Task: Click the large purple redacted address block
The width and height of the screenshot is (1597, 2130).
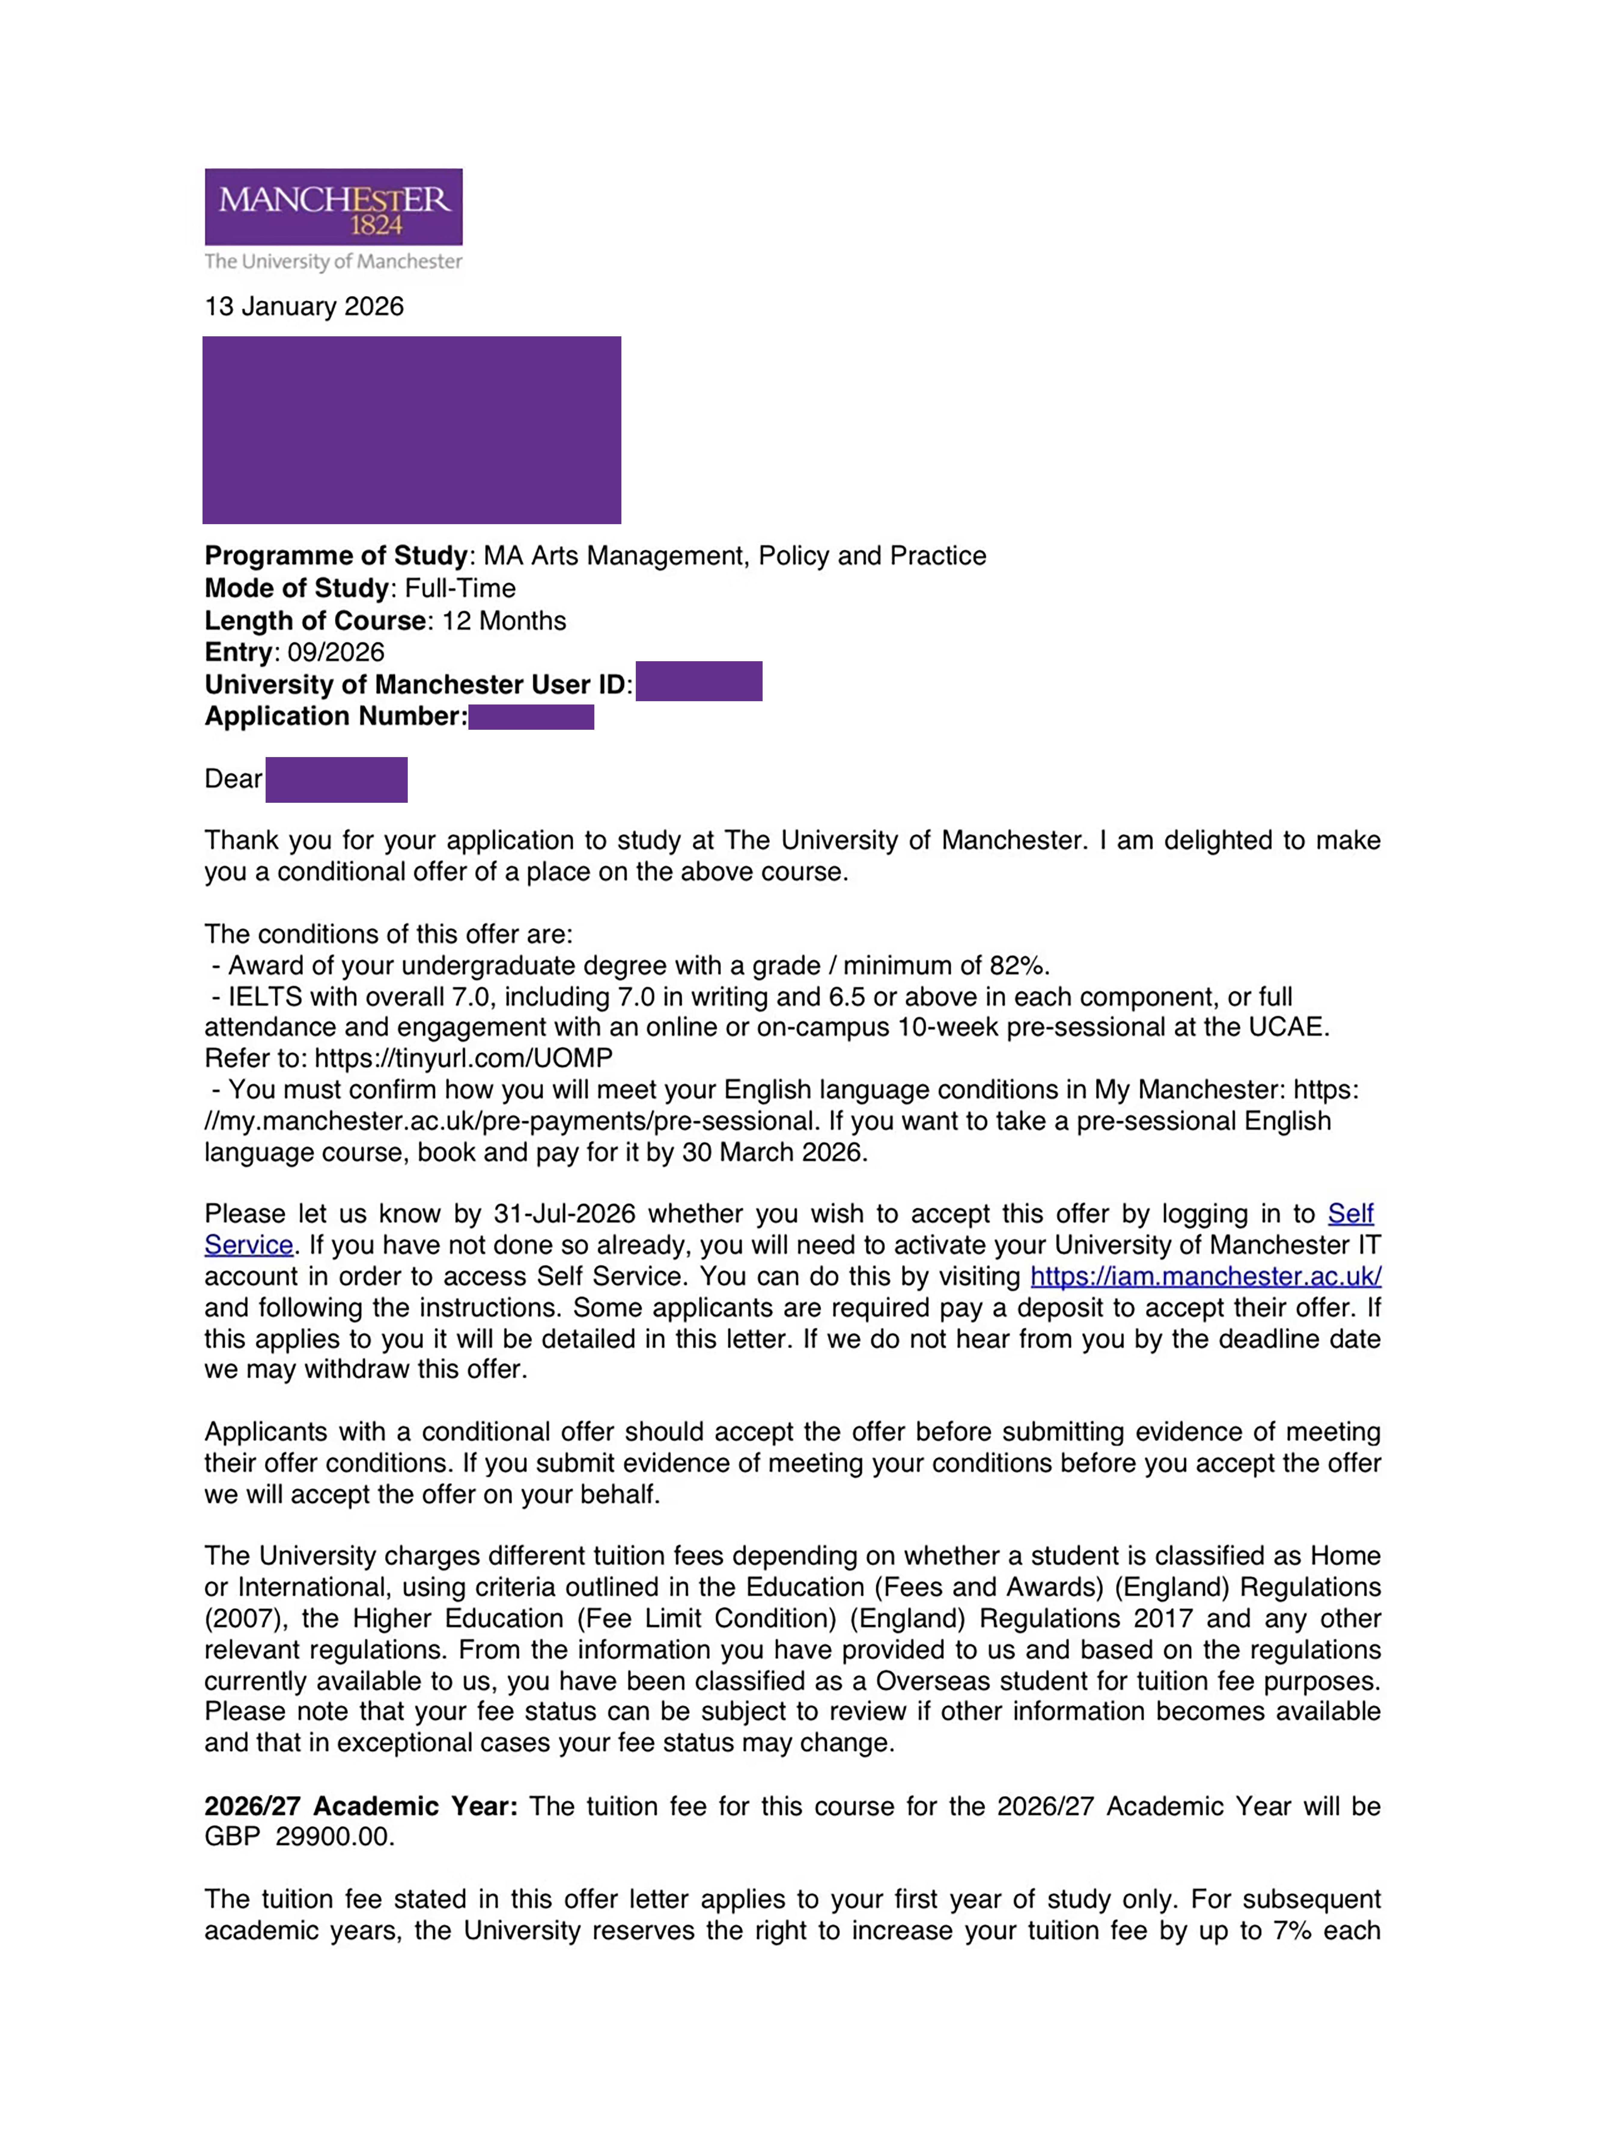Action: coord(411,429)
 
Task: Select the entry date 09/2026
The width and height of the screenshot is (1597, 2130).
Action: coord(336,652)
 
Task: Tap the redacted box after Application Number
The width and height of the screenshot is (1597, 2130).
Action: coord(530,717)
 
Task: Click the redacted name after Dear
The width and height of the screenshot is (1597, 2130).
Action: coord(336,779)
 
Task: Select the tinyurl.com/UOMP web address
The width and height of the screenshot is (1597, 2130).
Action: coord(463,1058)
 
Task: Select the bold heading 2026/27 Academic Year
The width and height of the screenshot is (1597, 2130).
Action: coord(360,1806)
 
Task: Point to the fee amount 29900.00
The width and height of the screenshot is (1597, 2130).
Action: coord(333,1837)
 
